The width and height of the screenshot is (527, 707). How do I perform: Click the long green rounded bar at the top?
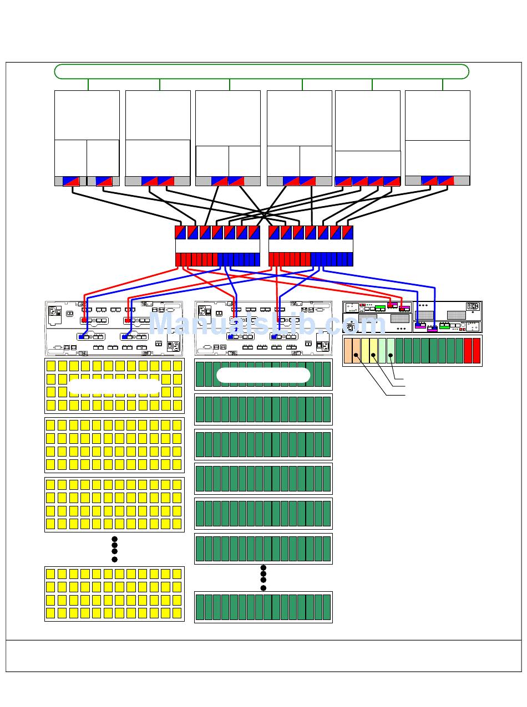click(x=261, y=71)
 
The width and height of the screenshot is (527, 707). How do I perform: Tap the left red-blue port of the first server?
click(x=72, y=181)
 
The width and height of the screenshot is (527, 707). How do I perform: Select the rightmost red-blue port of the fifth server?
click(x=392, y=181)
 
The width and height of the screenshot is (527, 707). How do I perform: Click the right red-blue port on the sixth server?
click(x=446, y=181)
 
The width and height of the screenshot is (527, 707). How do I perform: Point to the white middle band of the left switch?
click(x=217, y=246)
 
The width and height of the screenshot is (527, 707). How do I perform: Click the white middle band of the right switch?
click(x=311, y=246)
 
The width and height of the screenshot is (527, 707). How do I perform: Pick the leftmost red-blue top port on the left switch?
click(x=180, y=232)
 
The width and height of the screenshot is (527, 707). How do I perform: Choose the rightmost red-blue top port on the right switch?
click(x=347, y=232)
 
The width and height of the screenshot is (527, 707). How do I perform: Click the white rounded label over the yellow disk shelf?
click(x=115, y=386)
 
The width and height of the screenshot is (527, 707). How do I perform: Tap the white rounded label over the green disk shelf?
click(x=263, y=375)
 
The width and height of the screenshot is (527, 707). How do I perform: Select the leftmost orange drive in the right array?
click(x=348, y=351)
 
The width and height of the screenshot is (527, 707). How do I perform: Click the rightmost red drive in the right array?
click(x=476, y=351)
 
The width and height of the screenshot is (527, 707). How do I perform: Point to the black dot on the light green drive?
click(x=391, y=355)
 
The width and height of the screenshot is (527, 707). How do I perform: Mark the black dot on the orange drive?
click(x=356, y=355)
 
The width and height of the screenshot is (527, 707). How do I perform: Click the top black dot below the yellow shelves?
click(x=114, y=539)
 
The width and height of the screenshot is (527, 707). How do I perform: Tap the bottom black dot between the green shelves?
click(x=263, y=588)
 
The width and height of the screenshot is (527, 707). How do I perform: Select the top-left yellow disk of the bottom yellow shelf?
click(x=50, y=574)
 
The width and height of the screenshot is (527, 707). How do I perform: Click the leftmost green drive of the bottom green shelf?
click(x=200, y=607)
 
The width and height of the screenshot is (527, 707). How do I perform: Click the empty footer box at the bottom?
click(x=263, y=656)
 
